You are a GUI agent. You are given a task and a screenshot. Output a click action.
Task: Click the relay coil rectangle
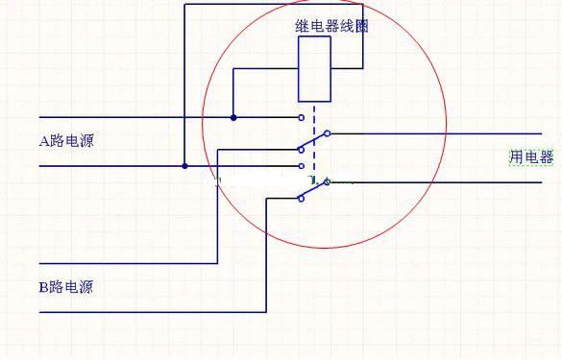pos(314,69)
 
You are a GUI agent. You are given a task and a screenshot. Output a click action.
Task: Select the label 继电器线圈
pos(331,26)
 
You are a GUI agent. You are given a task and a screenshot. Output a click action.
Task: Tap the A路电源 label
pos(66,141)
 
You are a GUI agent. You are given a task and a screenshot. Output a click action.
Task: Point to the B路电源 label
pos(66,286)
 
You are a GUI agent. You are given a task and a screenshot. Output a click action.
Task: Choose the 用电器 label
pos(531,157)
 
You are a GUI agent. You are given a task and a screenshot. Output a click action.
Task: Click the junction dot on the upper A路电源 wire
pos(233,118)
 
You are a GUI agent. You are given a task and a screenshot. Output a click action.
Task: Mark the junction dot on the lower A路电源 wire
pos(184,166)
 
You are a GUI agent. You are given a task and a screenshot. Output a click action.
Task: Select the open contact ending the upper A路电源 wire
pos(301,118)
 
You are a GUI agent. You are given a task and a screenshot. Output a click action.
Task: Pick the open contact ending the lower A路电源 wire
pos(301,166)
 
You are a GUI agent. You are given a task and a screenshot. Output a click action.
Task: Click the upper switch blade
pos(313,141)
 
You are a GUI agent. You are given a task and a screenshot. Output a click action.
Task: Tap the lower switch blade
pos(313,190)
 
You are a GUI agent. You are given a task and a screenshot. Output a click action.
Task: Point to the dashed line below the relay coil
pos(314,125)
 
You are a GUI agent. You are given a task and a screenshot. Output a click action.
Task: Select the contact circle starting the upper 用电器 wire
pos(327,133)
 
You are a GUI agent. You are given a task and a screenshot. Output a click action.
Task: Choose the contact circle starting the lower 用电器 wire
pos(327,181)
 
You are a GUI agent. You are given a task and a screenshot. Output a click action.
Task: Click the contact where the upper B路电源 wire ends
pos(300,149)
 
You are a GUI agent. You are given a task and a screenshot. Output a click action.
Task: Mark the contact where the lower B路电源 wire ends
pos(300,198)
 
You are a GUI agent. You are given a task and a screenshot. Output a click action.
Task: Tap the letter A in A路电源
pos(43,141)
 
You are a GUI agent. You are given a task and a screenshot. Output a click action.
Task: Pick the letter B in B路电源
pos(43,286)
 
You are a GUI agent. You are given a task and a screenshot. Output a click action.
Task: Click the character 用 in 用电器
pos(516,157)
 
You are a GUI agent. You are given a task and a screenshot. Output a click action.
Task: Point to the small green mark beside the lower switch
pos(311,178)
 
